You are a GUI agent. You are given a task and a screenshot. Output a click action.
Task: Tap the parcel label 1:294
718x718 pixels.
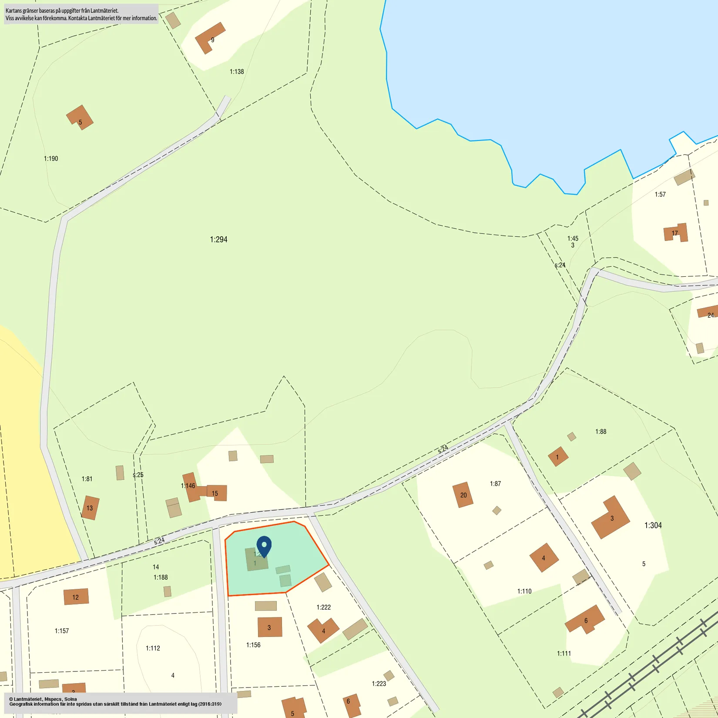tap(218, 239)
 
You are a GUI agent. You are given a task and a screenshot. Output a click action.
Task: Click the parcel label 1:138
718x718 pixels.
tap(237, 72)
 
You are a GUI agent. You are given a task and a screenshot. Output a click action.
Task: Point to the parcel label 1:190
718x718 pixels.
tap(51, 159)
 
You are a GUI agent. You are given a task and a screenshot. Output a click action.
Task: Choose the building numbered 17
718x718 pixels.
tap(676, 233)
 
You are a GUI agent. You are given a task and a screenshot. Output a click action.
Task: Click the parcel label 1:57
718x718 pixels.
tap(660, 195)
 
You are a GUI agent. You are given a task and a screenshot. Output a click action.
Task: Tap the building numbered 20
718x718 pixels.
tap(463, 495)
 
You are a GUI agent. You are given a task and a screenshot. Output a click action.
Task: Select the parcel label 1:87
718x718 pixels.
tap(495, 484)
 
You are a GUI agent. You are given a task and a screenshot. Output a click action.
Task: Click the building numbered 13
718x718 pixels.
tap(90, 508)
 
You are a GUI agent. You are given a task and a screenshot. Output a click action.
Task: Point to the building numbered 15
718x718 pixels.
tap(216, 493)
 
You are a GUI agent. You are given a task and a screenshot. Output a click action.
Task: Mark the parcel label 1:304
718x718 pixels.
tap(653, 526)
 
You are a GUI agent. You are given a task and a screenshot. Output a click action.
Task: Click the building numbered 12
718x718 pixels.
tap(76, 597)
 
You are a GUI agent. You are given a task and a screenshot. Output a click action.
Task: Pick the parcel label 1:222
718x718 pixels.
tap(323, 607)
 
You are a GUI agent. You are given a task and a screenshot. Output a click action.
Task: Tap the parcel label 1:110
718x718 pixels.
tap(524, 591)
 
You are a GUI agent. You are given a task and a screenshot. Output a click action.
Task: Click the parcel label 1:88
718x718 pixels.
tap(601, 432)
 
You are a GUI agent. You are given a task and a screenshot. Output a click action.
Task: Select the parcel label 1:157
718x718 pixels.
tap(62, 631)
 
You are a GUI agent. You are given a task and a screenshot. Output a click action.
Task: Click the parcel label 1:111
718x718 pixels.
tap(564, 654)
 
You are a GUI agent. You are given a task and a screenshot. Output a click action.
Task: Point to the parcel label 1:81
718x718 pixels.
tap(87, 479)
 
